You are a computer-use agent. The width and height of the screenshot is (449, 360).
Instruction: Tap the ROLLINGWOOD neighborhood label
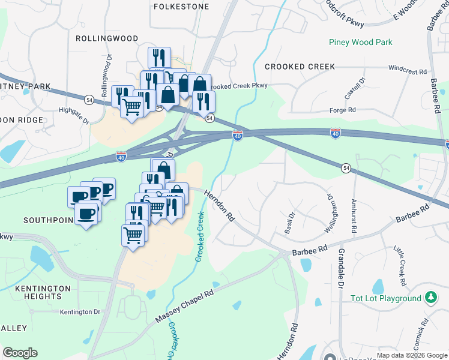pyautogui.click(x=107, y=38)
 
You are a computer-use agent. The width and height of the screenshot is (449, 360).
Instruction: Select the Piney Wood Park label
pyautogui.click(x=360, y=42)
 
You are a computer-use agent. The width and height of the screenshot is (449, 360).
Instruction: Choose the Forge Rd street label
pyautogui.click(x=343, y=110)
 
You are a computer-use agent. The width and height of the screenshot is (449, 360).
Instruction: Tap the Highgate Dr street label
pyautogui.click(x=74, y=115)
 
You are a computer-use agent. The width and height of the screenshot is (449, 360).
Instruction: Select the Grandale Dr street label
pyautogui.click(x=340, y=269)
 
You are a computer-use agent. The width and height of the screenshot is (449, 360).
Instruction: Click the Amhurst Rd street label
pyautogui.click(x=354, y=216)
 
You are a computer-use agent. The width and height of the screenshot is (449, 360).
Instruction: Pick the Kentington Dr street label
pyautogui.click(x=80, y=312)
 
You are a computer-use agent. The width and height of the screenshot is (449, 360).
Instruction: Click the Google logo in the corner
pyautogui.click(x=20, y=353)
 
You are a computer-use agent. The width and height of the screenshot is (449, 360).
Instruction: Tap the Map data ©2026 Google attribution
pyautogui.click(x=411, y=355)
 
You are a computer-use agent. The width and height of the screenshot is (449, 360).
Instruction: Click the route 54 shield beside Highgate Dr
pyautogui.click(x=89, y=100)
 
